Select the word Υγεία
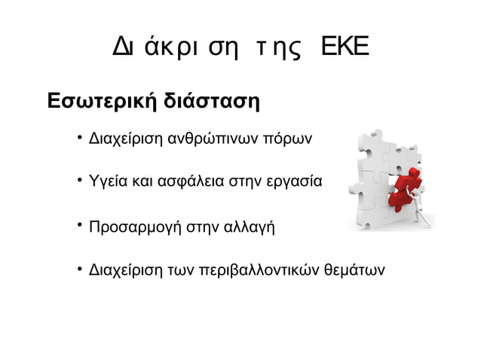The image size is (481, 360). (x=108, y=182)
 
